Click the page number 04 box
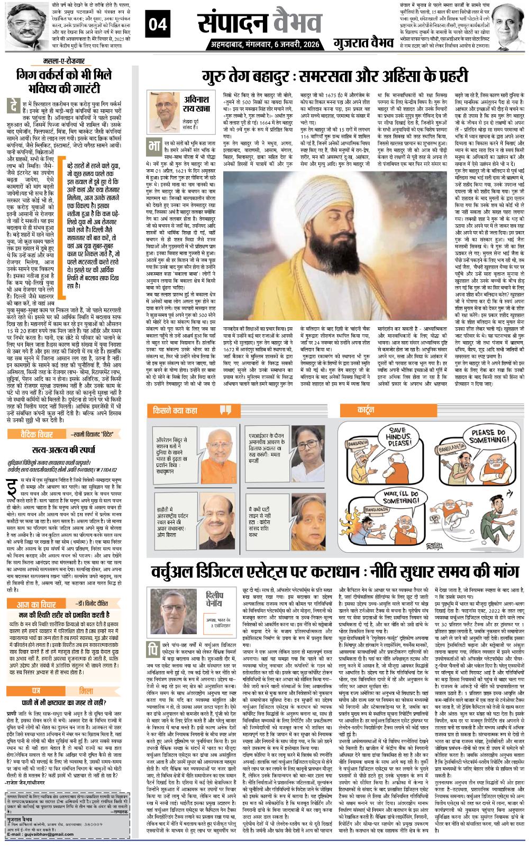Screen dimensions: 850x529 (161, 24)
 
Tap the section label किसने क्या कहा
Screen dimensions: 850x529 (179, 409)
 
